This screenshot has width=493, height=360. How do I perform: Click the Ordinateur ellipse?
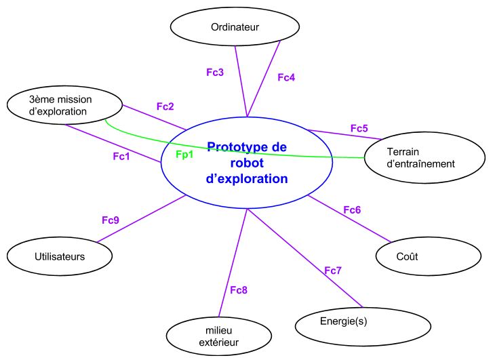tap(235, 27)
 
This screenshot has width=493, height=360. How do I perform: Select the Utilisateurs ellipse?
tap(59, 256)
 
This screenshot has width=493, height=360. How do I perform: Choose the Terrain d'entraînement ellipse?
tap(425, 157)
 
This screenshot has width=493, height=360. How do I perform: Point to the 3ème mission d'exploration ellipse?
tap(64, 105)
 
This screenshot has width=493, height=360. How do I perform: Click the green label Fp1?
tap(184, 155)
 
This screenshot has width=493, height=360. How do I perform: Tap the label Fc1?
tap(121, 156)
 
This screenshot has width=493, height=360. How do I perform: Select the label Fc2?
tap(165, 106)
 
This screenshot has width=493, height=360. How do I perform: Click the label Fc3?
tap(215, 71)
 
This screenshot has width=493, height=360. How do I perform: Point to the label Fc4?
tap(286, 77)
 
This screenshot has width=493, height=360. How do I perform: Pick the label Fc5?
tap(359, 128)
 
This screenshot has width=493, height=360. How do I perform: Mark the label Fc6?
tap(351, 209)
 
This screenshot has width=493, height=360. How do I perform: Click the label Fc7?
tap(332, 271)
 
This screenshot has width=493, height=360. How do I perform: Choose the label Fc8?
tap(238, 290)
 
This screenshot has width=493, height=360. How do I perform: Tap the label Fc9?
tap(111, 220)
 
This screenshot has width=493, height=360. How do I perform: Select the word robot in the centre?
tap(246, 163)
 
